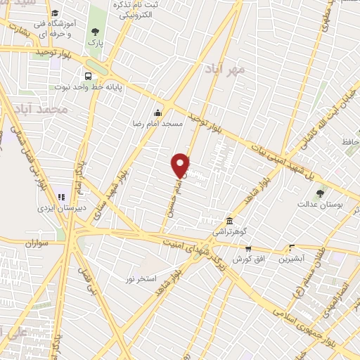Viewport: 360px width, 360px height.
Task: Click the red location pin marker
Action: pos(181,165)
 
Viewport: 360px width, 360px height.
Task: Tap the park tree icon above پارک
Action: pos(95,32)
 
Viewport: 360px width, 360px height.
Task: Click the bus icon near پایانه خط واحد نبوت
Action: pos(89,77)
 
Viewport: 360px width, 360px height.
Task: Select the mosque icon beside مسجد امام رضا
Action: pos(158,112)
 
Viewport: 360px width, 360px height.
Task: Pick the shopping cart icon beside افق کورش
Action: pos(248,248)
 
